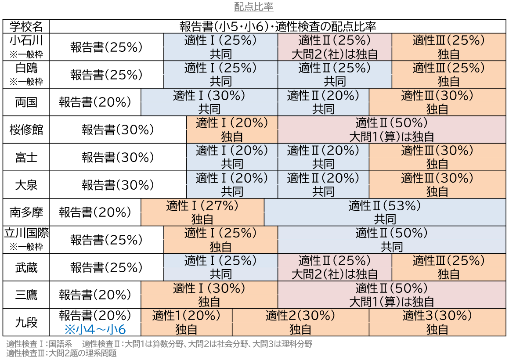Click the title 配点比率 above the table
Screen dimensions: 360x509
pos(254,7)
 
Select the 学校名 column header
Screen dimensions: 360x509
pos(26,26)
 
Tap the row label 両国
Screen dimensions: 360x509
pos(26,102)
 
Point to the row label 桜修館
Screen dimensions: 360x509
pos(26,130)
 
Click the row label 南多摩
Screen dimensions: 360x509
pos(26,212)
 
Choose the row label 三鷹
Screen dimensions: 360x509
pos(26,295)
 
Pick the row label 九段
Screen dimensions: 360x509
pos(26,322)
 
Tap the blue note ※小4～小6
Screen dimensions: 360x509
pos(95,329)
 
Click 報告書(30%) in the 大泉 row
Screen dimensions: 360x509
pos(118,185)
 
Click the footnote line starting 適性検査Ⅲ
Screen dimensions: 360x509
pos(61,353)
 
